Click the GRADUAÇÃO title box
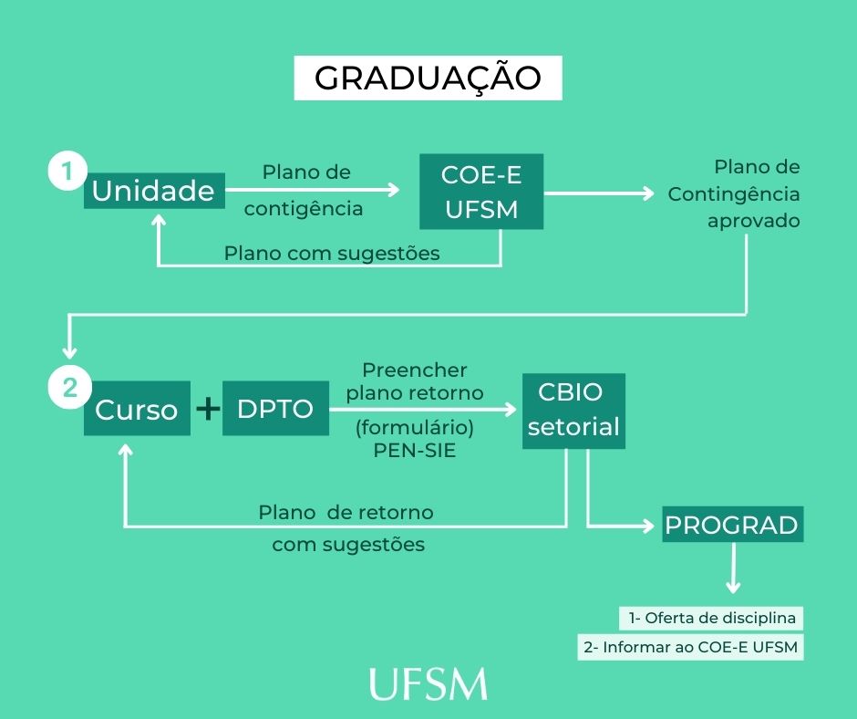pyautogui.click(x=428, y=78)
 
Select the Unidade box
pyautogui.click(x=154, y=192)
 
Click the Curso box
pyautogui.click(x=137, y=409)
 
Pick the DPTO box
pyautogui.click(x=274, y=409)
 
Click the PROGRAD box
pyautogui.click(x=732, y=525)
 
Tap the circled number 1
pyautogui.click(x=66, y=171)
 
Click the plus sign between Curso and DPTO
pyautogui.click(x=209, y=409)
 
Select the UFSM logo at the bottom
pyautogui.click(x=428, y=683)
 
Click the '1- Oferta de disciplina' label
pyautogui.click(x=711, y=618)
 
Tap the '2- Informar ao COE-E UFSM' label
pyautogui.click(x=690, y=648)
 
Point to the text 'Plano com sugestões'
pyautogui.click(x=332, y=253)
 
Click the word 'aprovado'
pyautogui.click(x=754, y=221)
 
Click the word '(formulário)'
pyautogui.click(x=415, y=427)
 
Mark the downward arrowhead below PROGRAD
pyautogui.click(x=732, y=588)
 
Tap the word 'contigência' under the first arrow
pyautogui.click(x=304, y=208)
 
